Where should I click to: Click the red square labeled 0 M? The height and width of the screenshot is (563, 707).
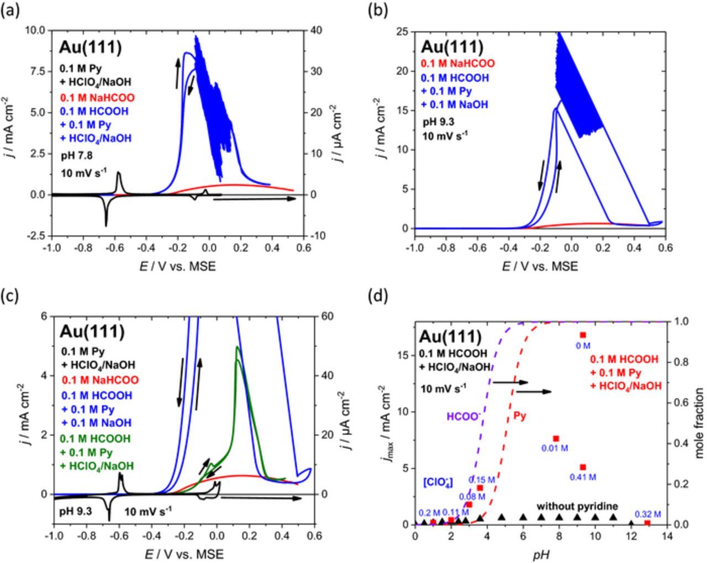click(583, 335)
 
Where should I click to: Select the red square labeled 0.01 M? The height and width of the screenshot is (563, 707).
click(556, 439)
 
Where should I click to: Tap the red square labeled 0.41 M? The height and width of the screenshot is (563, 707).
click(583, 467)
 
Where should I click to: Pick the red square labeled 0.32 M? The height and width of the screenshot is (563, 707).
click(647, 523)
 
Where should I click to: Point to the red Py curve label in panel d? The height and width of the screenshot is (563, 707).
click(520, 415)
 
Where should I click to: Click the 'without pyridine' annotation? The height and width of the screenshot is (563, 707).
click(577, 506)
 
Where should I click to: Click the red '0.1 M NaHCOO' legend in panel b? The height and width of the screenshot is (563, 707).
click(458, 64)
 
